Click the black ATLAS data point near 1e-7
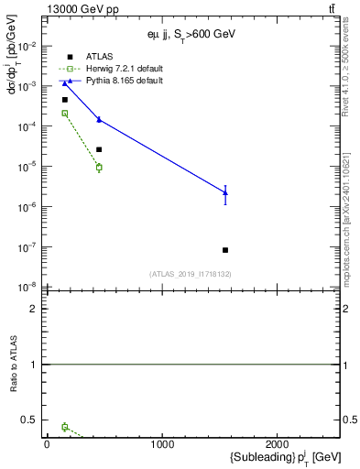pyautogui.click(x=225, y=249)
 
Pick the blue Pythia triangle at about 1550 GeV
pyautogui.click(x=225, y=192)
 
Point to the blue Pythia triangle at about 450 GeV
pyautogui.click(x=99, y=119)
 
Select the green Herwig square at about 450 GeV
pyautogui.click(x=99, y=168)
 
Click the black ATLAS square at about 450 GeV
pyautogui.click(x=99, y=149)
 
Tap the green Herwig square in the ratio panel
pyautogui.click(x=65, y=427)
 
